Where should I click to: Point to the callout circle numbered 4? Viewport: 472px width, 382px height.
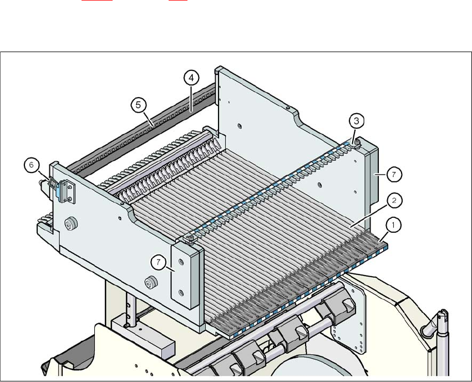click(x=190, y=78)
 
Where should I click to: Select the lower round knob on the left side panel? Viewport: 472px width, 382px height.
click(x=149, y=283)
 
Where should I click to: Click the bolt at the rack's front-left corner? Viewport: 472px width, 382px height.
click(x=190, y=239)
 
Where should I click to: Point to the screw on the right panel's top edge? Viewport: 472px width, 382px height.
click(x=287, y=106)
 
